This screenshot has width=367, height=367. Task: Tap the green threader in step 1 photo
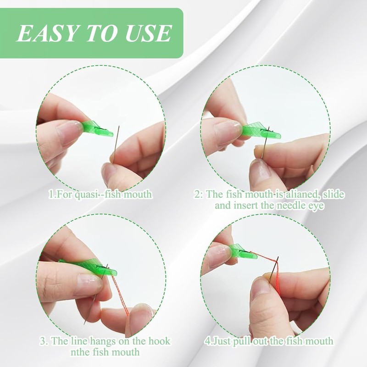point(97,129)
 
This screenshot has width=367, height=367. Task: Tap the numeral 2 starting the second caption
point(197,195)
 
